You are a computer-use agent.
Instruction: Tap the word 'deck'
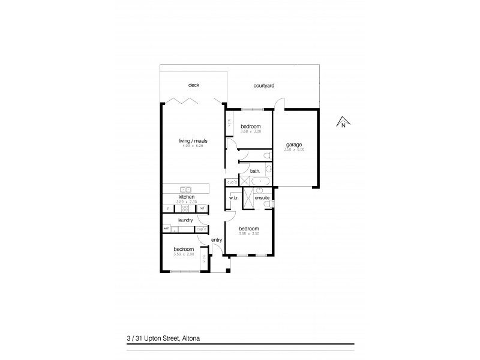[x=193, y=85]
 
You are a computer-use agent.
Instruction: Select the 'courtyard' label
[x=264, y=86]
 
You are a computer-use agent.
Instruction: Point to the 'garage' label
[x=293, y=144]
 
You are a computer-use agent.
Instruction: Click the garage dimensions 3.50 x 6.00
[x=293, y=149]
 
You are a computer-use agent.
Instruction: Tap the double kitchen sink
[x=185, y=190]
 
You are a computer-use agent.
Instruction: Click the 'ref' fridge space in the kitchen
[x=202, y=208]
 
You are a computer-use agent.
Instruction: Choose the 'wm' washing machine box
[x=166, y=229]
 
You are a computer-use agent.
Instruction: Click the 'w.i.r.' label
[x=233, y=197]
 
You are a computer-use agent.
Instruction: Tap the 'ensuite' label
[x=262, y=197]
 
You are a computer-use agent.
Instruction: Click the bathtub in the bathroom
[x=260, y=181]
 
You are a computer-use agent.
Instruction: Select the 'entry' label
[x=217, y=240]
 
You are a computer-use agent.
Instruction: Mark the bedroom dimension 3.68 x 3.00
[x=250, y=132]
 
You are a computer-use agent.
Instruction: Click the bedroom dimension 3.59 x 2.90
[x=184, y=254]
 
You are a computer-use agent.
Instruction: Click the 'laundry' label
[x=185, y=220]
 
